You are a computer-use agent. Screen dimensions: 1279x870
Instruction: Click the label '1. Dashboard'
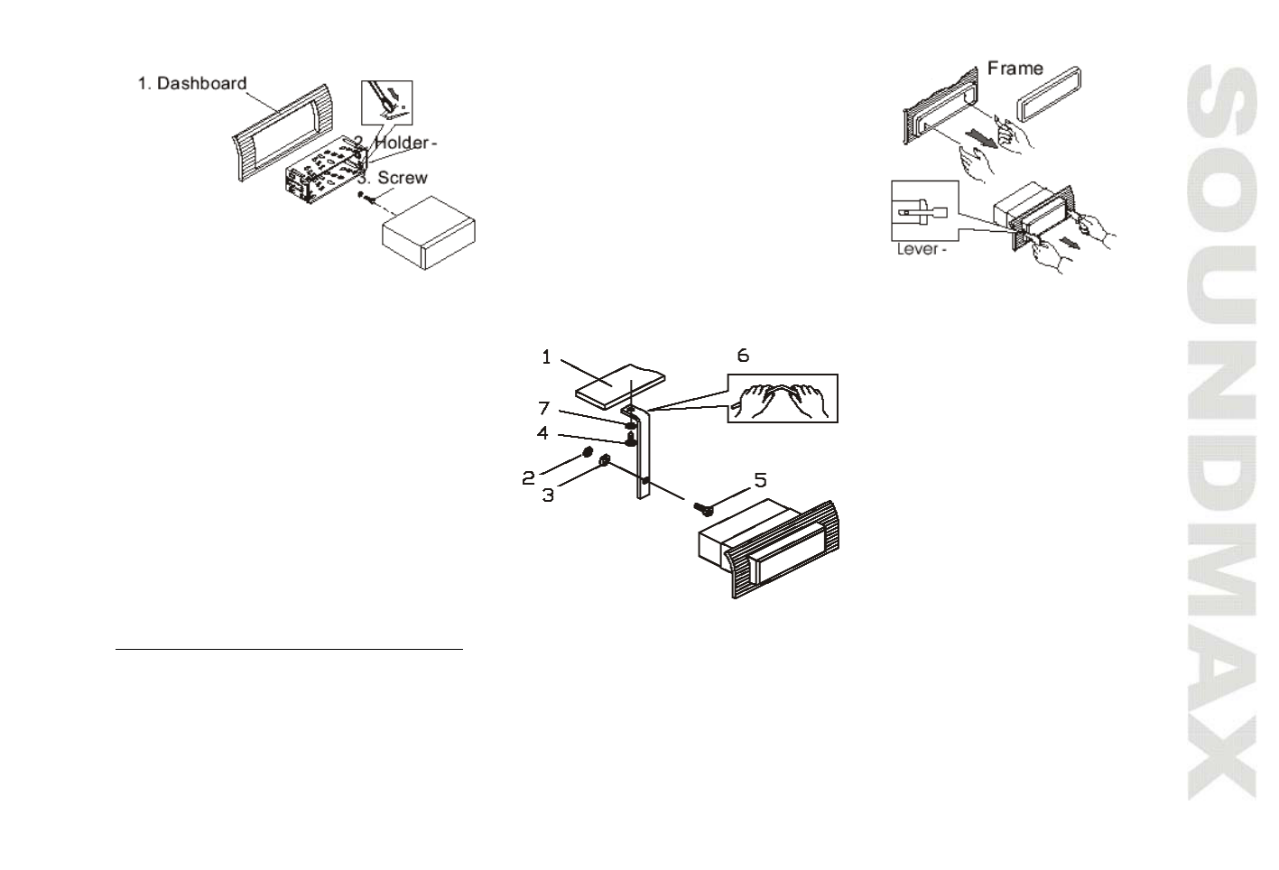click(191, 83)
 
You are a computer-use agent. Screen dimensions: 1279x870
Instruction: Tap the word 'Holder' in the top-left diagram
click(402, 143)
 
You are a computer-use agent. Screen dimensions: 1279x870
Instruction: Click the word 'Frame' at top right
click(1015, 68)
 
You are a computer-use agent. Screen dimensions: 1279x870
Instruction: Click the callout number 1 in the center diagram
click(546, 357)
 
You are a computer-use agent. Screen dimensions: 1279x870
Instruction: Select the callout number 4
click(542, 433)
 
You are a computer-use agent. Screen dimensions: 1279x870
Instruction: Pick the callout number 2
click(530, 478)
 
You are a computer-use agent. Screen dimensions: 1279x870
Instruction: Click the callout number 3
click(548, 495)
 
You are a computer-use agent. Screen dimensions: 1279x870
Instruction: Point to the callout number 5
click(761, 479)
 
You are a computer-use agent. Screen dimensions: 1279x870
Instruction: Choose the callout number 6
click(743, 355)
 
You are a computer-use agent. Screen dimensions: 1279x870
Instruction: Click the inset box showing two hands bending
click(783, 398)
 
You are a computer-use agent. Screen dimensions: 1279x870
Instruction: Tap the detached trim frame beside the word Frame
click(1052, 92)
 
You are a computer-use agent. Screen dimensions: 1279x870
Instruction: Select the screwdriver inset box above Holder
click(386, 100)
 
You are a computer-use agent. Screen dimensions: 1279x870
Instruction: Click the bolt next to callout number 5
click(703, 508)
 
